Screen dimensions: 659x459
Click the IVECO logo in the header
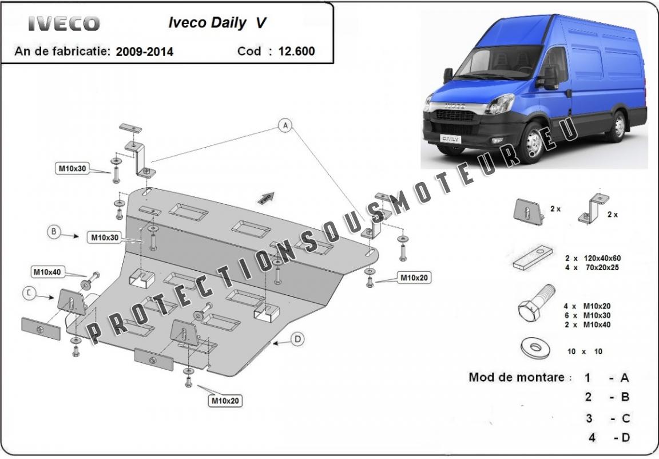(x=64, y=23)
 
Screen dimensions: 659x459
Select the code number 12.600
(x=296, y=51)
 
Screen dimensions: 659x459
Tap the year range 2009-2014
(x=144, y=52)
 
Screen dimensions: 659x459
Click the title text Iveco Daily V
(x=217, y=23)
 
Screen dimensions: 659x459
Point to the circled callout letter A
(x=285, y=125)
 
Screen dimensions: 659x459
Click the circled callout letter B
(x=54, y=232)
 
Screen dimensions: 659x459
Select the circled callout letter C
(x=29, y=293)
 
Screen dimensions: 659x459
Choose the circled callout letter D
(x=297, y=339)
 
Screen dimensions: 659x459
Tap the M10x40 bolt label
(x=47, y=272)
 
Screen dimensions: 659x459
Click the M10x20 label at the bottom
(x=225, y=401)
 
